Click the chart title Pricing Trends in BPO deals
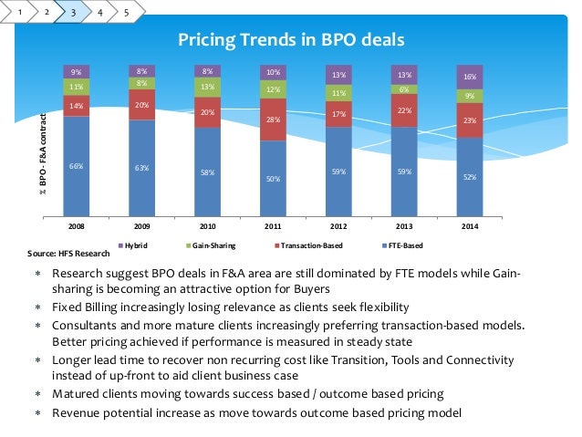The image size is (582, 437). (x=290, y=39)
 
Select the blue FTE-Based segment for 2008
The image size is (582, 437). (x=76, y=165)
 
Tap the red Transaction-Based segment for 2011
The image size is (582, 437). (x=273, y=120)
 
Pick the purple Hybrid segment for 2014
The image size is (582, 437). (x=470, y=78)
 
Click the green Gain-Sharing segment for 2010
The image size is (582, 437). (x=207, y=88)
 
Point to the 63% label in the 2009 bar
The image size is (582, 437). (x=141, y=168)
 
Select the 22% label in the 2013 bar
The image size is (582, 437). (x=404, y=110)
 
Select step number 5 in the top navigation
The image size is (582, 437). (x=126, y=14)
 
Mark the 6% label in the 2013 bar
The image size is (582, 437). (x=404, y=89)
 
